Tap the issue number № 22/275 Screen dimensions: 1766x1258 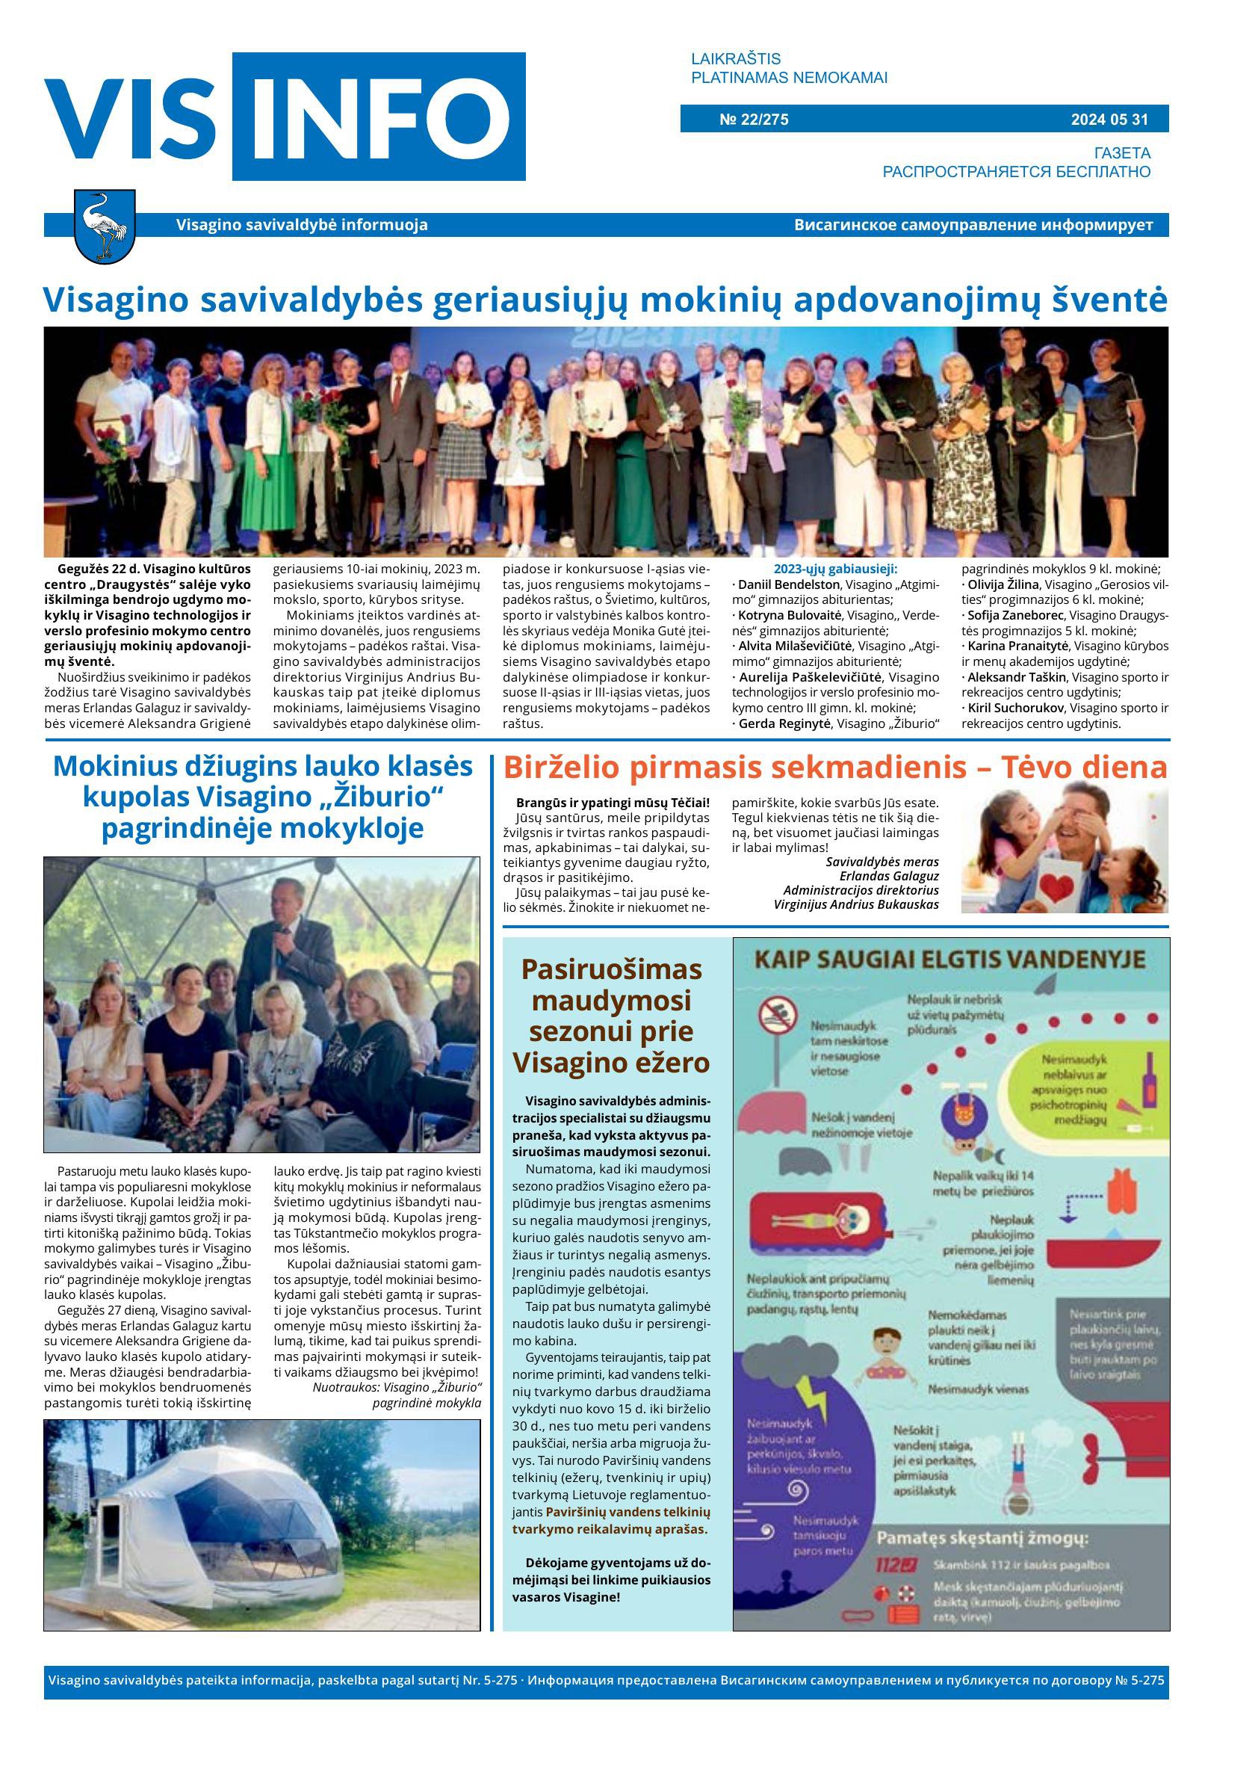pos(753,120)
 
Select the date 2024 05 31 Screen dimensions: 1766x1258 pos(1109,120)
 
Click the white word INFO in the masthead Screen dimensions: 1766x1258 pos(379,118)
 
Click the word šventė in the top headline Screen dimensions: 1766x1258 pos(1112,300)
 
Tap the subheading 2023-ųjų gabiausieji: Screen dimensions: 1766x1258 pos(835,569)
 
